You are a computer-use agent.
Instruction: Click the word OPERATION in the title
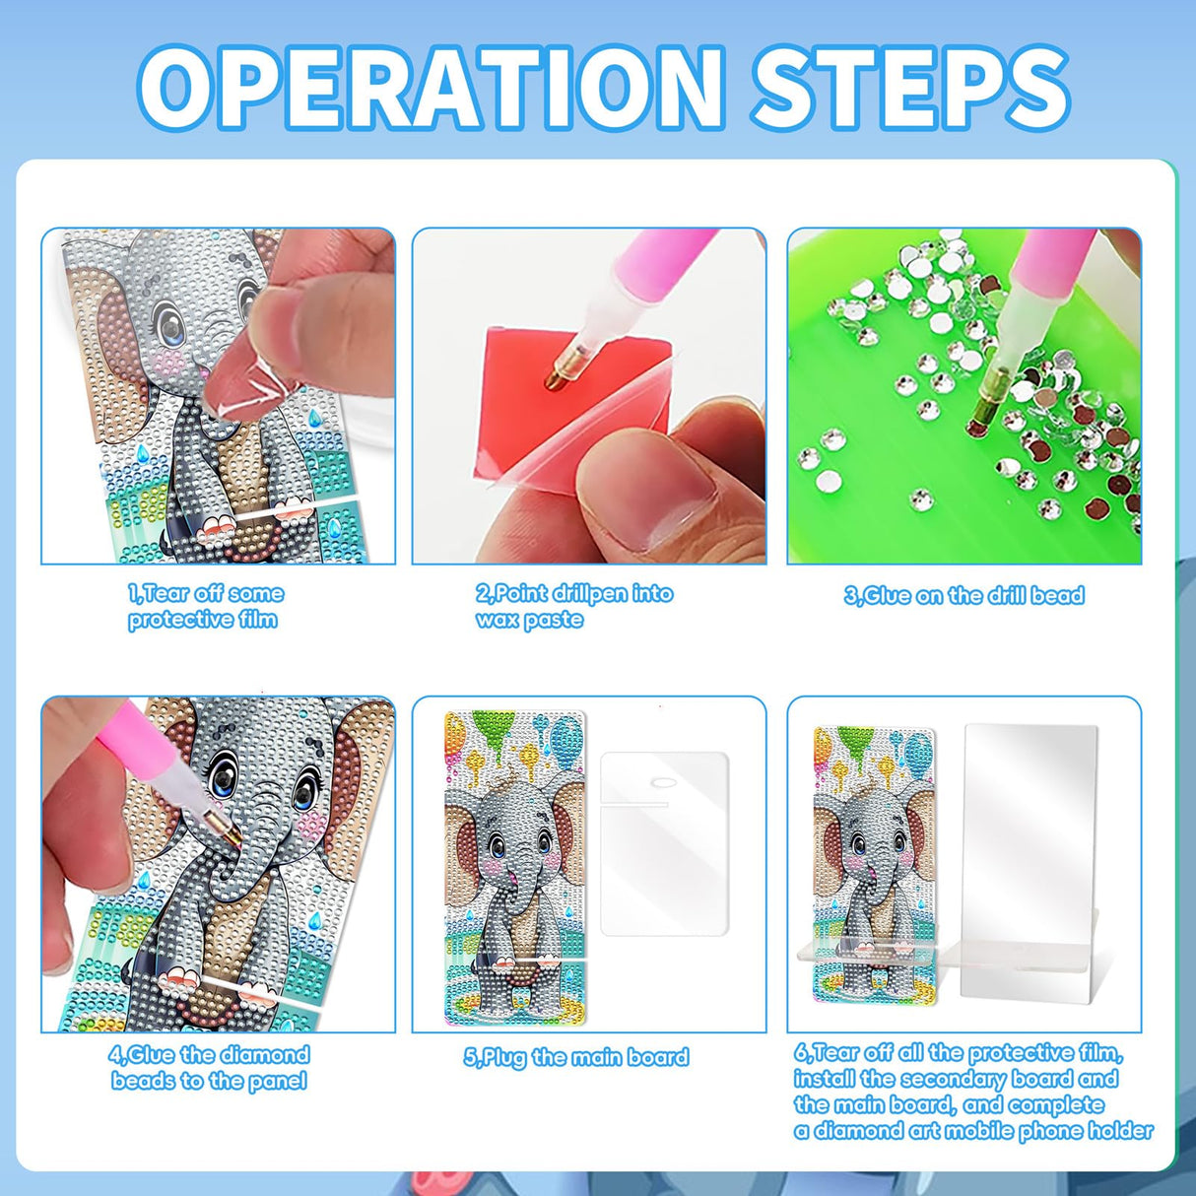pos(432,88)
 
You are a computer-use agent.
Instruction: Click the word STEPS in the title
pos(910,88)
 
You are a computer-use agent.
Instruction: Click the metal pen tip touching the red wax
pos(557,376)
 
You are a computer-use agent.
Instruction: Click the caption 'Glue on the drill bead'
pos(963,595)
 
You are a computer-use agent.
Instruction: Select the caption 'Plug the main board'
pos(576,1056)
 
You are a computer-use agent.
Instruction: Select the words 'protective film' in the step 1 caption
pos(203,620)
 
